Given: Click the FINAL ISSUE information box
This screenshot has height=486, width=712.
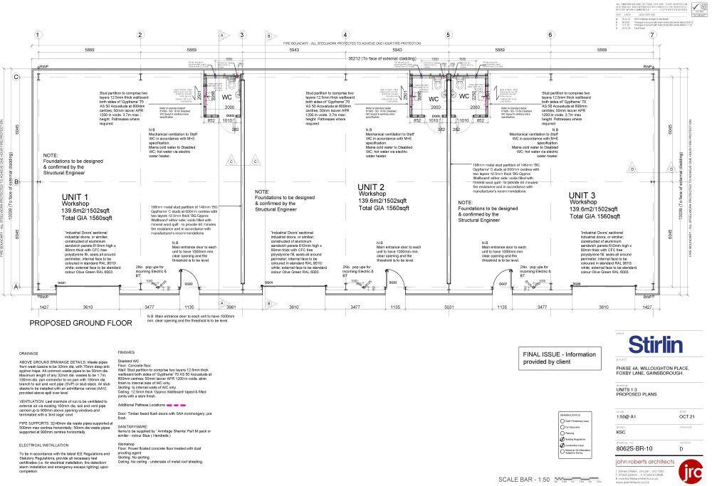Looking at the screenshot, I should click(559, 358).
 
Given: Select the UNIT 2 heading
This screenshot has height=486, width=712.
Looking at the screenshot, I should click(371, 187).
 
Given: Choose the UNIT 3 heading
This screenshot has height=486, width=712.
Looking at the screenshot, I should click(582, 194).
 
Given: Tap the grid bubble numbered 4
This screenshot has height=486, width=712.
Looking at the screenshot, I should click(345, 34).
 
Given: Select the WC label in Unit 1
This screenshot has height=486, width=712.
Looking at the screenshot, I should click(226, 97).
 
